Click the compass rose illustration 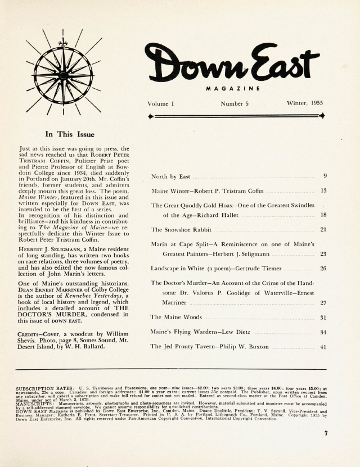[x=63, y=73]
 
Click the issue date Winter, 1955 [x=304, y=104]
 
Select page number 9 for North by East [x=325, y=176]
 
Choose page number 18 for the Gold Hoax [x=323, y=215]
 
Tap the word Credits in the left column [x=33, y=334]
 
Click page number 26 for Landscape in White [x=323, y=269]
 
